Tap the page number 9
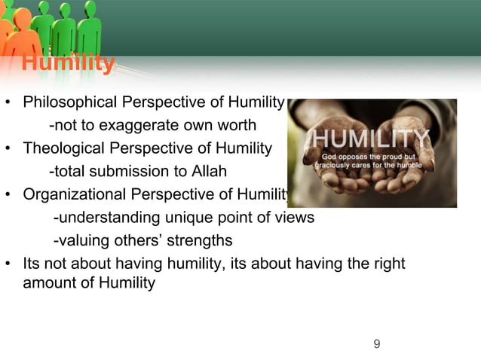click(x=377, y=345)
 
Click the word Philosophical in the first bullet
click(x=69, y=102)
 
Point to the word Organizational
click(x=72, y=195)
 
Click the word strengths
click(x=201, y=241)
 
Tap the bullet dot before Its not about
click(x=8, y=264)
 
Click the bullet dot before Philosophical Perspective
click(x=8, y=102)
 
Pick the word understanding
click(x=108, y=218)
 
